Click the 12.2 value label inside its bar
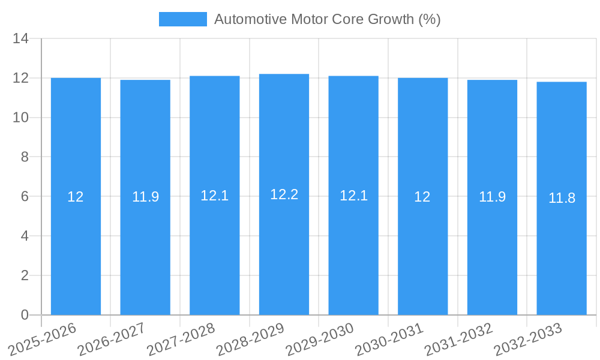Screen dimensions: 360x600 coord(284,194)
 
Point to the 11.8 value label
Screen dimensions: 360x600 coord(562,198)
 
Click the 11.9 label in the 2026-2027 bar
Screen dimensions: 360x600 coord(145,196)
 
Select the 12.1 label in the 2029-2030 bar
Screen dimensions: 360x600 coord(353,196)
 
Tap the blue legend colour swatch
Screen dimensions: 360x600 coord(182,19)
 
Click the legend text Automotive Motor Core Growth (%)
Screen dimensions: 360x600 coord(327,19)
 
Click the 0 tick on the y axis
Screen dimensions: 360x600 coord(25,315)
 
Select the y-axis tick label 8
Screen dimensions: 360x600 coord(25,157)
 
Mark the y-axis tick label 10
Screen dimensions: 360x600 coord(21,118)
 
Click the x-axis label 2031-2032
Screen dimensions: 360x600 coord(460,339)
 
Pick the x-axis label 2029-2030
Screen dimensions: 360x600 coord(321,339)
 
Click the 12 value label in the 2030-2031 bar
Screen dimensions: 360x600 coord(422,196)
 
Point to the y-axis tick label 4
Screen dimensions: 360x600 coord(25,236)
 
